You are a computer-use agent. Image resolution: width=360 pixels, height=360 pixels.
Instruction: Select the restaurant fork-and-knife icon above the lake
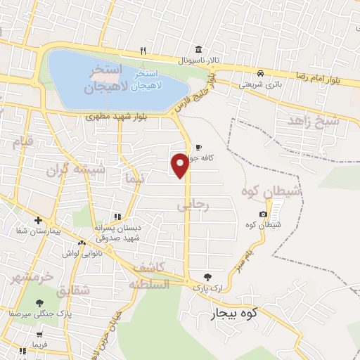coord(143,50)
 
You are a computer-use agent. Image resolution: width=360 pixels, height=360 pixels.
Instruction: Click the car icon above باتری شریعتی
coord(261,72)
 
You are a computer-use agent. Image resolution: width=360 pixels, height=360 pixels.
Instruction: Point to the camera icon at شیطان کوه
coord(263,214)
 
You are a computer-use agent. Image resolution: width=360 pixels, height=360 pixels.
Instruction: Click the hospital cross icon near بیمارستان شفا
coord(39,220)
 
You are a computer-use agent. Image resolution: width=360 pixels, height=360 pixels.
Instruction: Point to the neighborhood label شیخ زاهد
coord(313,121)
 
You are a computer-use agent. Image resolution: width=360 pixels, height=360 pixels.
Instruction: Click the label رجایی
coord(193,205)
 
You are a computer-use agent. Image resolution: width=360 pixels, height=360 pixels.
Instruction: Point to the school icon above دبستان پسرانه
coord(117,217)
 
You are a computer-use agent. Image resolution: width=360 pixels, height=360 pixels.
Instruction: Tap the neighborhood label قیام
coord(23,143)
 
